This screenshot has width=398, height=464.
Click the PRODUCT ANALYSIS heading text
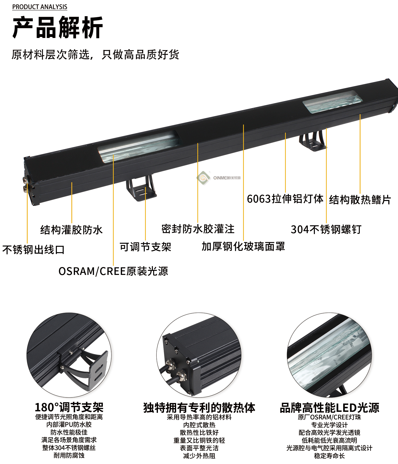click(x=40, y=7)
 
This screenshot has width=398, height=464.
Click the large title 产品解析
click(x=58, y=27)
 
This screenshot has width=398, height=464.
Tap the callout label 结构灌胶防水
click(x=72, y=230)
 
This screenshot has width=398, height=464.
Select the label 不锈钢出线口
click(x=33, y=250)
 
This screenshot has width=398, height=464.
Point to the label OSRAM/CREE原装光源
click(x=113, y=271)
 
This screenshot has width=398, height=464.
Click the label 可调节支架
click(x=145, y=247)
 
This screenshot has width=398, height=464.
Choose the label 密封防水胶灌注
click(x=198, y=229)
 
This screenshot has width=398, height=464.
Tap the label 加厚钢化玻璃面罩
click(x=243, y=246)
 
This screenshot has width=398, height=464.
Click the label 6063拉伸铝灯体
click(x=285, y=199)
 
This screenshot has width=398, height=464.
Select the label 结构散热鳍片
click(x=360, y=200)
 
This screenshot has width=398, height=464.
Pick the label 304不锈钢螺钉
click(x=326, y=229)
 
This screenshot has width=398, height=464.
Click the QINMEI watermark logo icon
click(x=203, y=178)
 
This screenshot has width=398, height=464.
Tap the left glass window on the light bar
click(x=139, y=146)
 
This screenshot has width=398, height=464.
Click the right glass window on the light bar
click(x=333, y=102)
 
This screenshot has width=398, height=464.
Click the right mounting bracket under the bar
click(x=313, y=141)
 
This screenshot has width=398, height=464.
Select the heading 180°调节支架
click(x=69, y=408)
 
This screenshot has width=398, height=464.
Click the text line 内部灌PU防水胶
click(x=69, y=425)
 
